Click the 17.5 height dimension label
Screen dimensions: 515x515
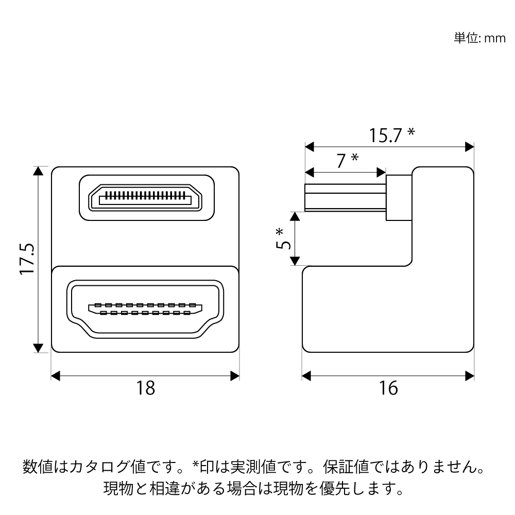27,259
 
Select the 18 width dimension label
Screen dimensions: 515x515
146,388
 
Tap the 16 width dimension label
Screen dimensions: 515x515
389,388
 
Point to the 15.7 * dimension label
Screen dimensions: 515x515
391,135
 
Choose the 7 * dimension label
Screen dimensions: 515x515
347,161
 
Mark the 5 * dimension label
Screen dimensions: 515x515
281,238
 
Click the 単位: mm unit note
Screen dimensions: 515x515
479,39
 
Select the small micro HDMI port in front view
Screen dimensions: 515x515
145,198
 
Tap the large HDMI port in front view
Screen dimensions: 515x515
146,310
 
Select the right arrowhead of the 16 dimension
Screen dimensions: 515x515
469,376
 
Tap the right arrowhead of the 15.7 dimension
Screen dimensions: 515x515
469,147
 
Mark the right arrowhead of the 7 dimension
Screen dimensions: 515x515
381,171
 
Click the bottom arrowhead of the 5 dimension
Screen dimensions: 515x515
294,261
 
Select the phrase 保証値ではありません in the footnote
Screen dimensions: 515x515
402,468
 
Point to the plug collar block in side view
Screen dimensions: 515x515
399,198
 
